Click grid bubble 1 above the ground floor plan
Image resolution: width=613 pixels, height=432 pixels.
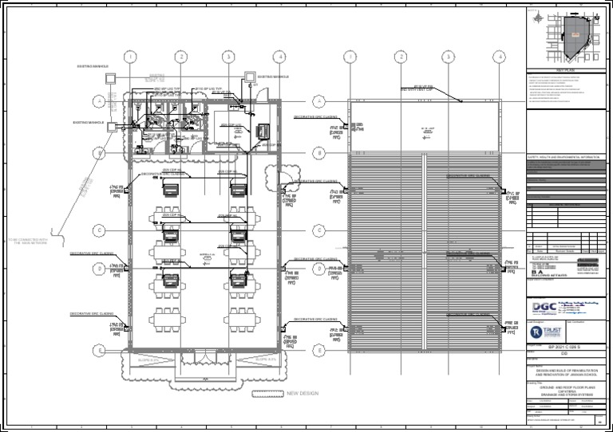click(x=130, y=57)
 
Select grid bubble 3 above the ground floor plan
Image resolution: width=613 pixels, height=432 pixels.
click(x=228, y=57)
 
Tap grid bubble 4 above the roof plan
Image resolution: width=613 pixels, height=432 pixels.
click(x=499, y=57)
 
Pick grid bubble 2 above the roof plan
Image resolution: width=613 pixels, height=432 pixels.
click(x=401, y=57)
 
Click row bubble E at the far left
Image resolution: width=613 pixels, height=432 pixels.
click(x=99, y=350)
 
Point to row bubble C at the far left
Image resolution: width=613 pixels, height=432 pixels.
click(x=99, y=230)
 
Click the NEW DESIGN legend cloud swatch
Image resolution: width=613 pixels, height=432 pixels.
click(x=267, y=394)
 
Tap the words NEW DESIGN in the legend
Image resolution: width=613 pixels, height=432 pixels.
click(x=304, y=394)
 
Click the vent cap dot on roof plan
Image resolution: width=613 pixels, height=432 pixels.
click(x=461, y=100)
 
